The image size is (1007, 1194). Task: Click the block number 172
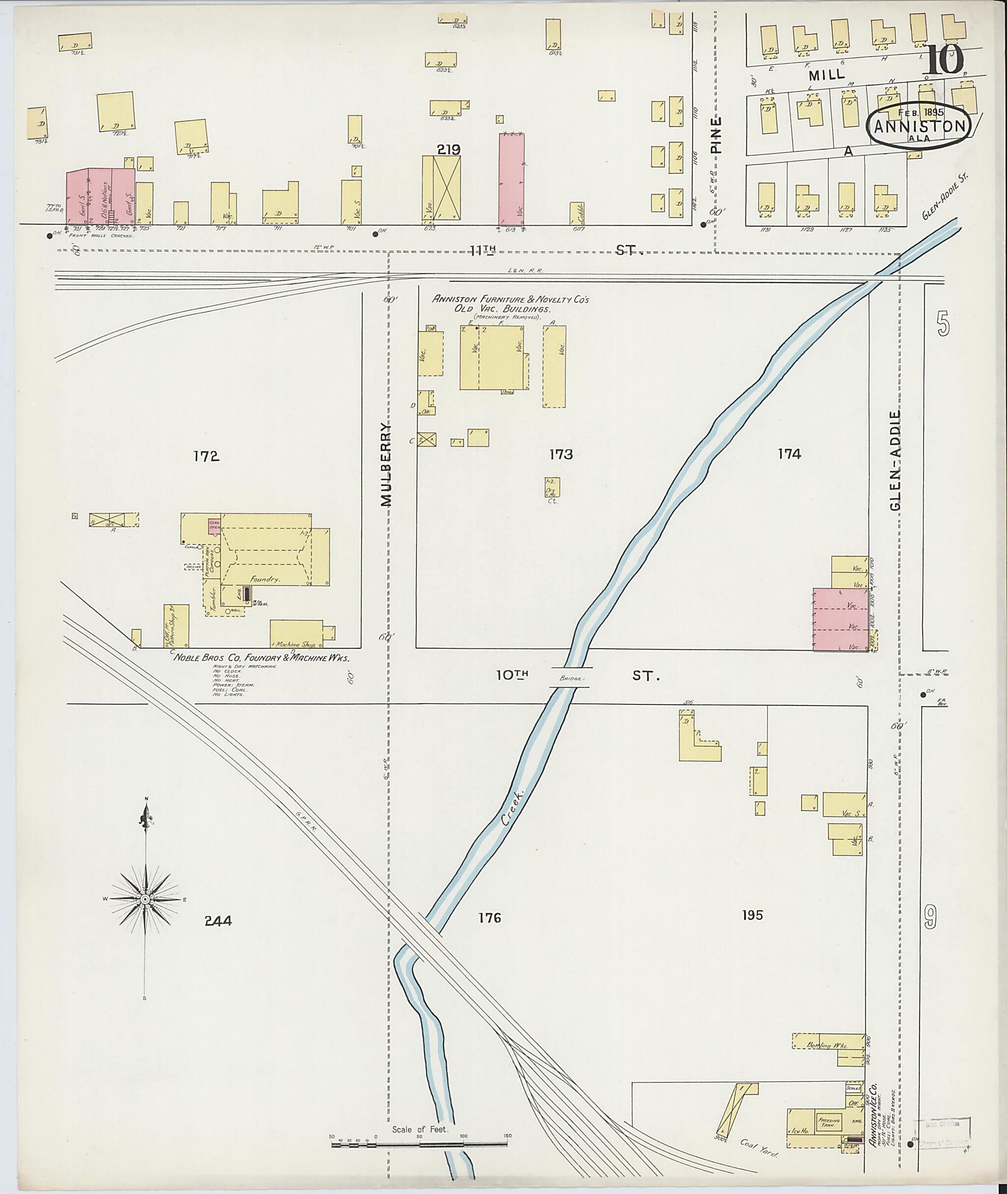(206, 456)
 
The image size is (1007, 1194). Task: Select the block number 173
(561, 454)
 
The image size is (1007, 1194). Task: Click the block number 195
(752, 915)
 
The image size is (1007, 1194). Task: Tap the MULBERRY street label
(386, 465)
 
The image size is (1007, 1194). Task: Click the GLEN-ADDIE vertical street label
(895, 460)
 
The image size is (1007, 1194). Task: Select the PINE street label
(717, 135)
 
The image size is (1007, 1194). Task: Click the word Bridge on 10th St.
(571, 678)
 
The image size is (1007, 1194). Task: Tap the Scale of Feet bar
(419, 1143)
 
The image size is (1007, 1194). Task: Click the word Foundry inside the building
(265, 579)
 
